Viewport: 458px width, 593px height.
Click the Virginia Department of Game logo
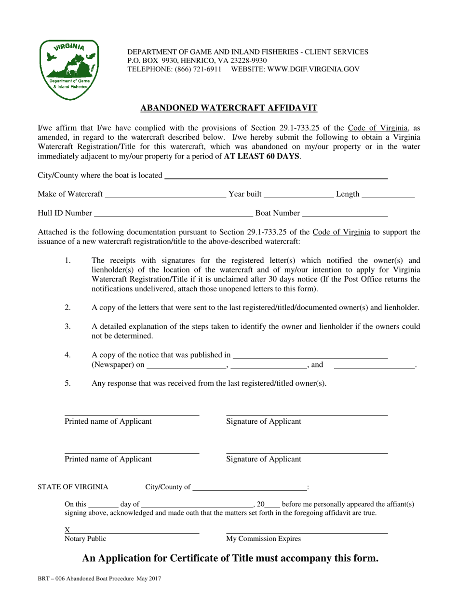pos(69,69)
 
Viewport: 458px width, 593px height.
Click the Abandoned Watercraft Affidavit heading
pos(229,108)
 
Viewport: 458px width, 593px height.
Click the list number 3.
pos(68,326)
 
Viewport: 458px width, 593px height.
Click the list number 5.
pos(68,384)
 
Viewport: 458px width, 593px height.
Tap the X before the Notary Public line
pos(67,530)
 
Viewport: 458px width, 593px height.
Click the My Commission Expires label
pos(263,539)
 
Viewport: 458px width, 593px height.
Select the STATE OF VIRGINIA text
pos(73,487)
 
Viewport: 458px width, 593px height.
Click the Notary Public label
pos(85,539)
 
